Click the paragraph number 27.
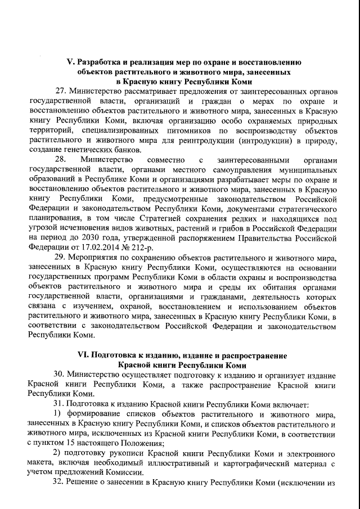[x=61, y=91]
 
